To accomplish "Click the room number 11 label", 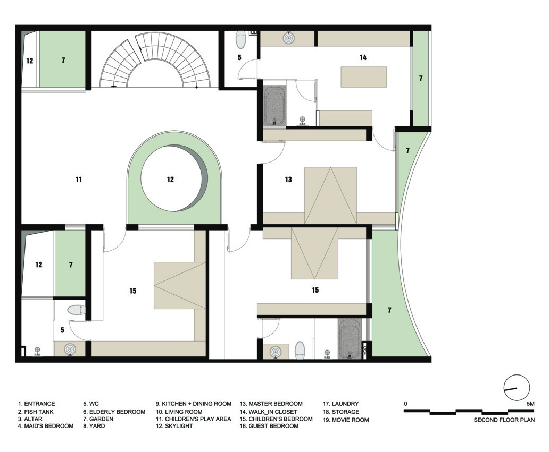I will click(78, 180).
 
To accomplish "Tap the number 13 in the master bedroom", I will click(288, 180).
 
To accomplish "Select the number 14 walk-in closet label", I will click(363, 57).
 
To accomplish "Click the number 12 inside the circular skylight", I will click(170, 180).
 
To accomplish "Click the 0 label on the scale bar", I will click(406, 404).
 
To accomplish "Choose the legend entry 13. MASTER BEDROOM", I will click(271, 404).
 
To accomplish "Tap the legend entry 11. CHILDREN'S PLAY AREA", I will click(193, 419).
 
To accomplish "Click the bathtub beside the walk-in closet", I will click(274, 106).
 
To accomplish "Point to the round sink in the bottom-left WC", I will click(70, 349).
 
